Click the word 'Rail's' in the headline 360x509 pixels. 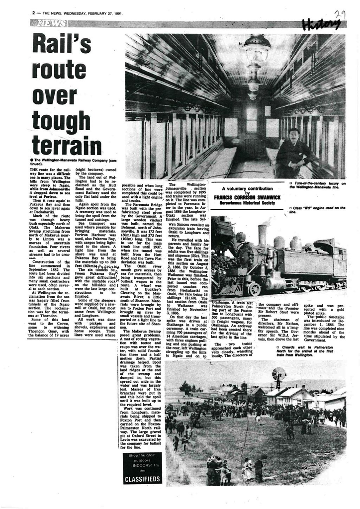[61, 43]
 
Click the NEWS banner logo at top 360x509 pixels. [48, 23]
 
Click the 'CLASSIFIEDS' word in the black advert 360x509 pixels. [143, 479]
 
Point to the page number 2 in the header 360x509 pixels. [33, 13]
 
